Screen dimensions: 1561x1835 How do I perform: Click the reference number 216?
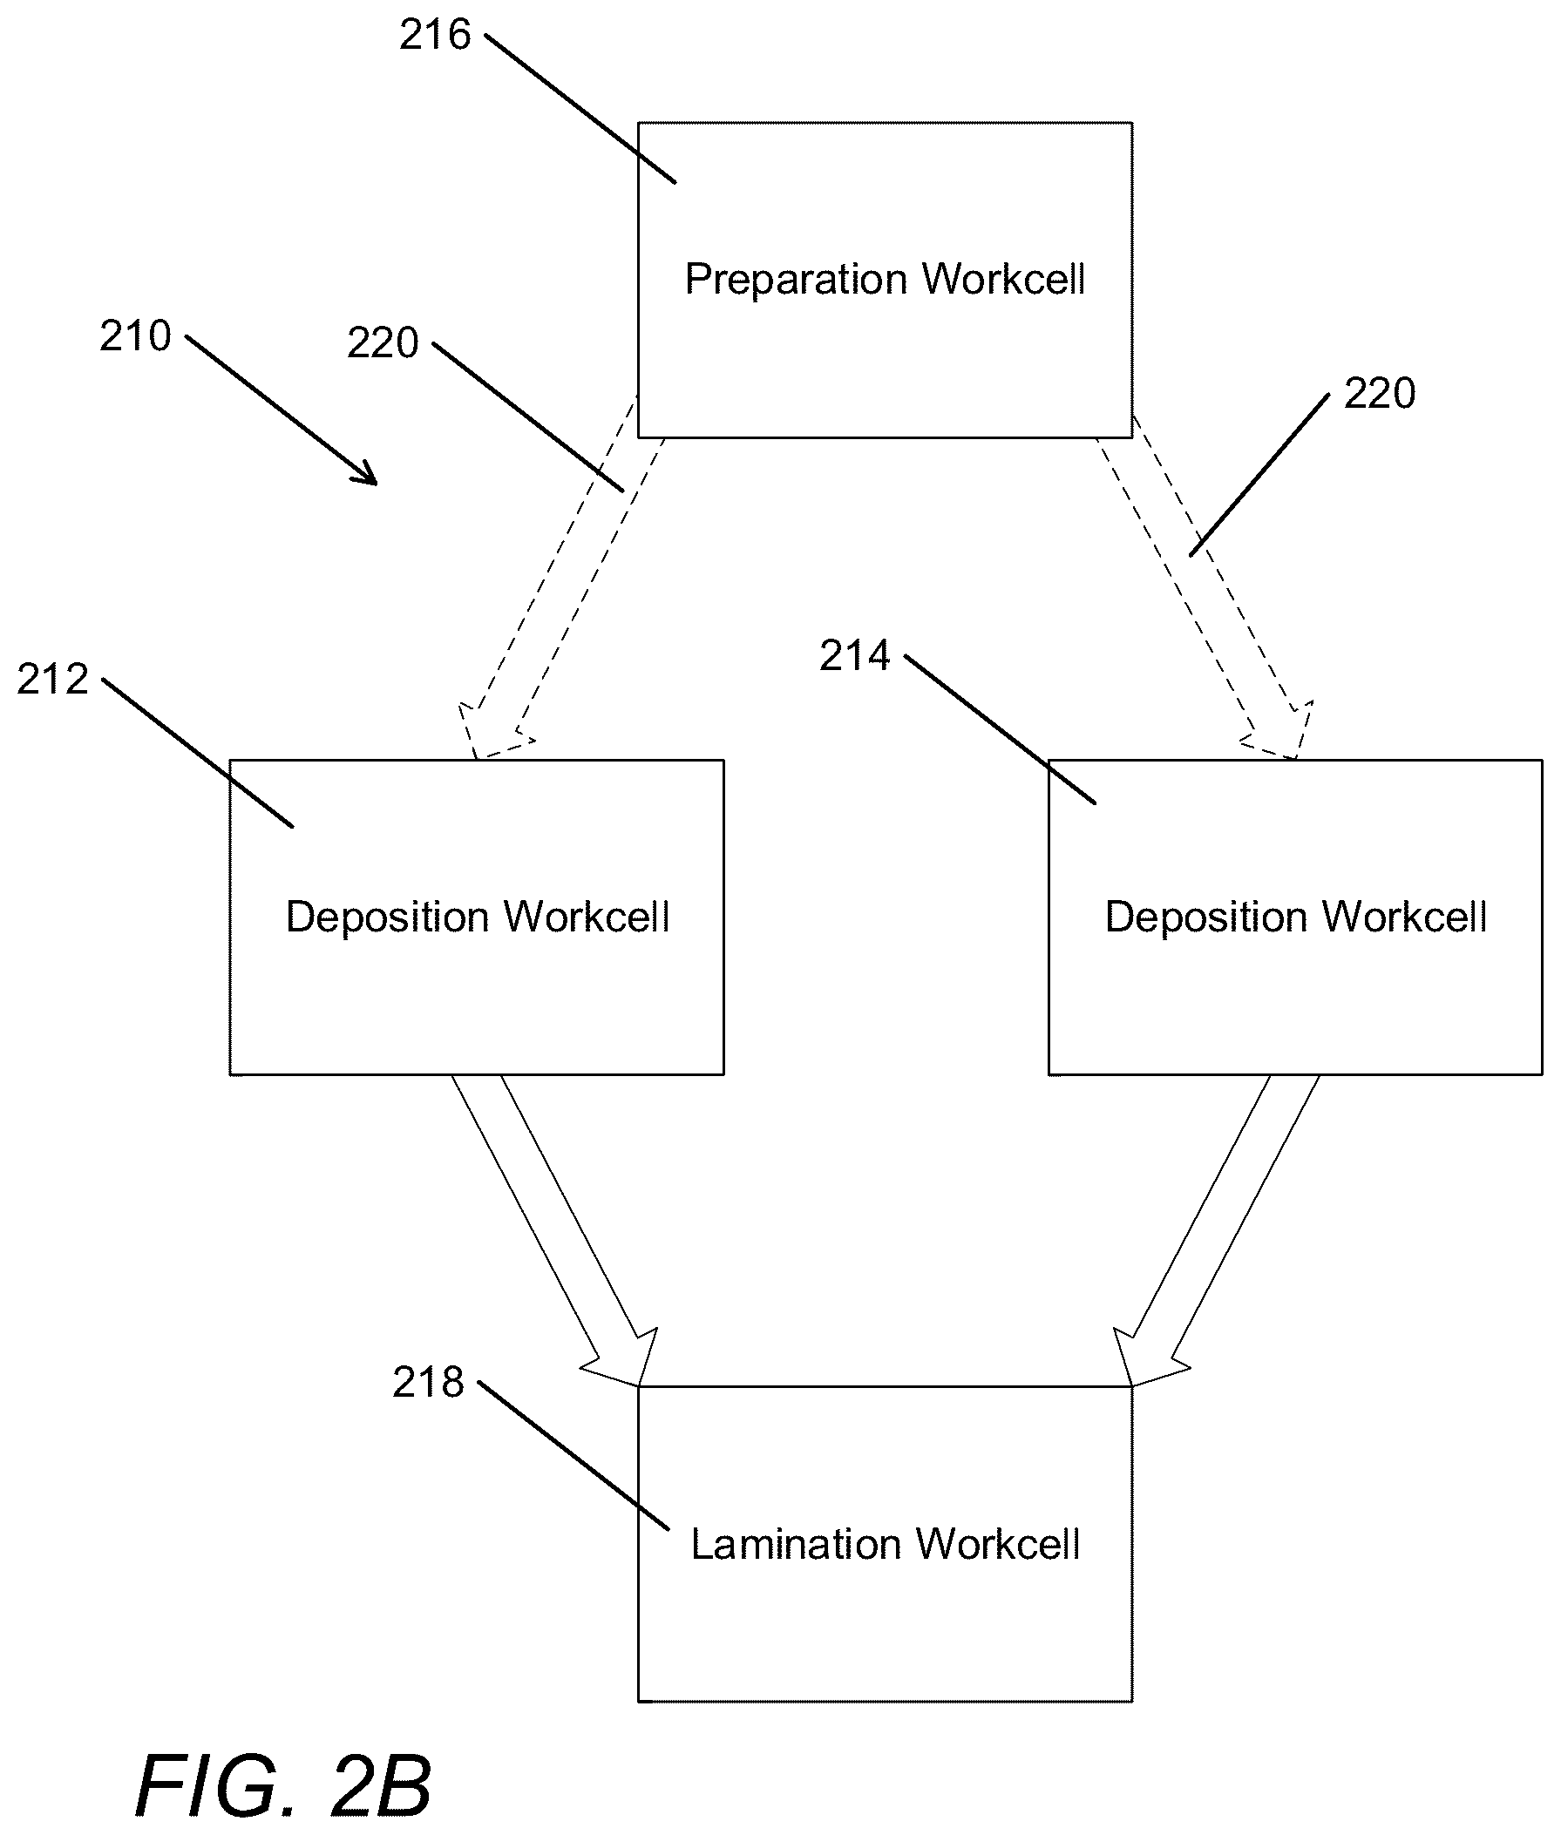435,36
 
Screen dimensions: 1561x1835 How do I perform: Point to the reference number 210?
134,336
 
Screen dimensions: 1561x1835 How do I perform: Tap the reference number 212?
52,680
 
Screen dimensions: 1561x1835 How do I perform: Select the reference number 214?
854,655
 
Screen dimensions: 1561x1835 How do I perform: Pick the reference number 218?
427,1382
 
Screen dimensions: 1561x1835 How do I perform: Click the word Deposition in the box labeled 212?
388,917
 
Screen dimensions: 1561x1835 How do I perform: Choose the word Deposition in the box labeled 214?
1207,917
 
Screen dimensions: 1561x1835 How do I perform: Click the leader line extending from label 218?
573,1455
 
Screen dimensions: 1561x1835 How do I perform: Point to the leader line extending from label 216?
580,109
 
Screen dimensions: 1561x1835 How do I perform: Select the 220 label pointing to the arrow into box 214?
1380,394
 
